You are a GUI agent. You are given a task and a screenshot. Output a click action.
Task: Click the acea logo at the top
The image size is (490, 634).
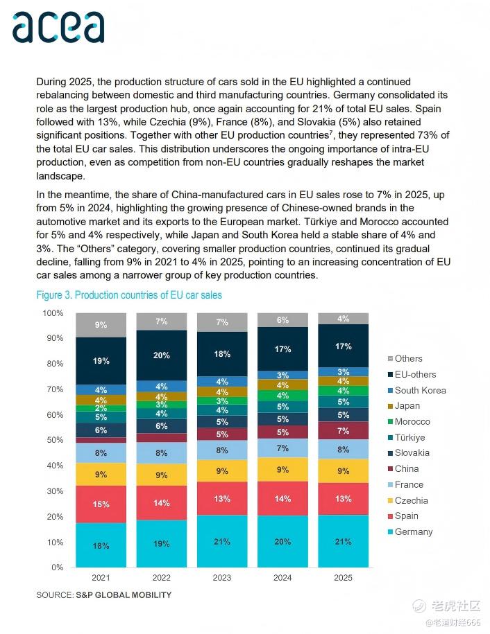[x=58, y=27]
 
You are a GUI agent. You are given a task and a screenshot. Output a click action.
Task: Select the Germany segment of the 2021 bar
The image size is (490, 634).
[x=101, y=545]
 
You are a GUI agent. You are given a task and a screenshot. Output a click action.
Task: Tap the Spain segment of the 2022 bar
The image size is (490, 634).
[x=162, y=503]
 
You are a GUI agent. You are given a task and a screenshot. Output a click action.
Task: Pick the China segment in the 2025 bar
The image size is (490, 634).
[x=343, y=431]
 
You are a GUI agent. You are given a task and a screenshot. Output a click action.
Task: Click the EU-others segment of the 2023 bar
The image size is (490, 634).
[x=222, y=354]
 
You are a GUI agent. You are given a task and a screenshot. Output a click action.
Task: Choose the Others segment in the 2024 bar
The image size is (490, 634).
[x=282, y=320]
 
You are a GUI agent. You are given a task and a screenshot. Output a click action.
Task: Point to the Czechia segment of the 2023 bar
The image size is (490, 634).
[x=222, y=470]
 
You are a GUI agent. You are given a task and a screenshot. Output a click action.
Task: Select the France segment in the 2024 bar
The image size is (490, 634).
[x=282, y=448]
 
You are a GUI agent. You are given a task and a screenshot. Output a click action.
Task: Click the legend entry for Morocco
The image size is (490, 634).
[x=412, y=421]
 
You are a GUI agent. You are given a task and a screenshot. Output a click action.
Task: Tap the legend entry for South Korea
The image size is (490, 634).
[x=420, y=390]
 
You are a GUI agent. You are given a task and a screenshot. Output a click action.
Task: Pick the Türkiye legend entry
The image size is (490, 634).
[x=409, y=437]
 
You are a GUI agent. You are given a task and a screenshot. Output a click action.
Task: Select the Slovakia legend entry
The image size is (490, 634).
[x=412, y=453]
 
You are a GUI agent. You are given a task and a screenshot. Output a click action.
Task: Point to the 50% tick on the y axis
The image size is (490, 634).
[x=54, y=440]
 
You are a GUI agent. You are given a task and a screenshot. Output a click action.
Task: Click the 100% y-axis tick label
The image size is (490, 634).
[x=53, y=313]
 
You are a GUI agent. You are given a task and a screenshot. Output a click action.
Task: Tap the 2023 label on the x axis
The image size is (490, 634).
[x=222, y=578]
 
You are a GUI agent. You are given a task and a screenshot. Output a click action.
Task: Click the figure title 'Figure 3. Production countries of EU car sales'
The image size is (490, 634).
[x=129, y=295]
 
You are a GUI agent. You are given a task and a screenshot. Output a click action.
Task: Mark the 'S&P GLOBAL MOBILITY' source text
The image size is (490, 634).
[x=124, y=595]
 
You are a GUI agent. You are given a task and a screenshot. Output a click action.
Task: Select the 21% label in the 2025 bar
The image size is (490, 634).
[x=343, y=542]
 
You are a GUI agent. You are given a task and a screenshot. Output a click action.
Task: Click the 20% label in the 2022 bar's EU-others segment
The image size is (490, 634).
[x=162, y=355]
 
